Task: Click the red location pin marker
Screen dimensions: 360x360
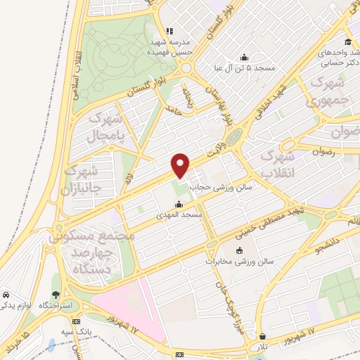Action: [x=181, y=165]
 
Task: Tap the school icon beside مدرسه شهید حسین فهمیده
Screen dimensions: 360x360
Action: [x=169, y=32]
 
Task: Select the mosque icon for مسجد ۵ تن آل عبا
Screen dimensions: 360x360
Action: [x=244, y=57]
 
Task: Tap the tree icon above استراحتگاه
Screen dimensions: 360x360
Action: [x=56, y=295]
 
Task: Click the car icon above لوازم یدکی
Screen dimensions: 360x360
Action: [x=6, y=294]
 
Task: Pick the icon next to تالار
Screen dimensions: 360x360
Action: [x=262, y=337]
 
